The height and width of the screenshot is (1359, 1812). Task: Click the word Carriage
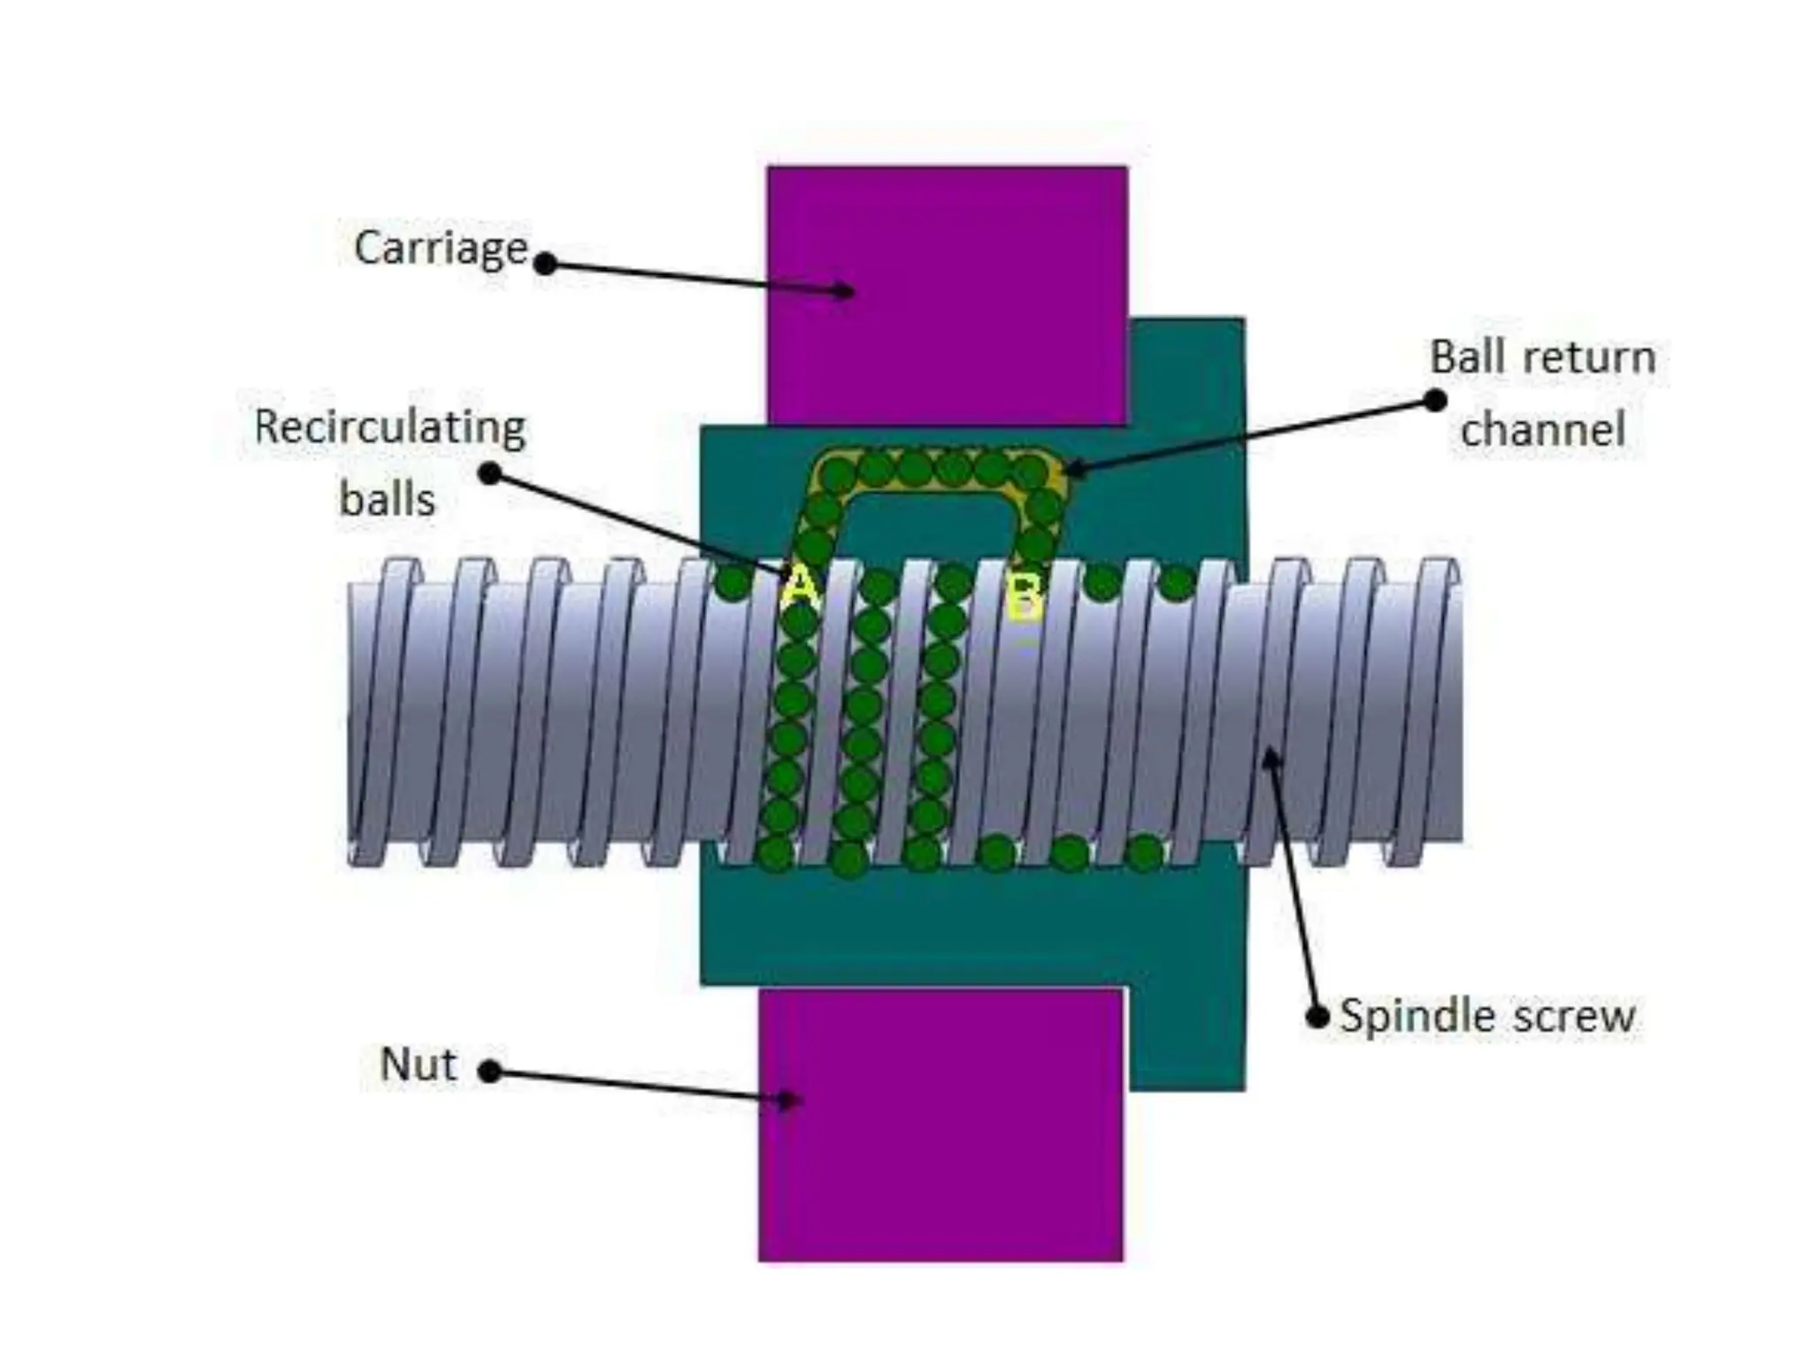[x=441, y=249]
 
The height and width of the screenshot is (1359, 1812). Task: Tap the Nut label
[x=418, y=1063]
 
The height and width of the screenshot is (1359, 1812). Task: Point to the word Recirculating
[x=390, y=428]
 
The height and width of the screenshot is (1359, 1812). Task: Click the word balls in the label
[x=388, y=500]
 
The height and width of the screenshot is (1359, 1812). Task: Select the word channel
[x=1543, y=430]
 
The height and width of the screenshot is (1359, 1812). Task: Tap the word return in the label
[x=1592, y=358]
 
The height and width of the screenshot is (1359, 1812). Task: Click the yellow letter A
[x=799, y=586]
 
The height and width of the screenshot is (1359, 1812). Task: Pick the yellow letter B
[x=1025, y=595]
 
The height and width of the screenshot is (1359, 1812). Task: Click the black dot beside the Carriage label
[x=545, y=263]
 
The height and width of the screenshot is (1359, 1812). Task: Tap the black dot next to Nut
[x=489, y=1071]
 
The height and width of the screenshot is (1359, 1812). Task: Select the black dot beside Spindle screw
[x=1318, y=1017]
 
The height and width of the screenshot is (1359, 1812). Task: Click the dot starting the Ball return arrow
[x=1435, y=401]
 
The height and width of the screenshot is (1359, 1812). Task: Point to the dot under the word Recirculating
[x=489, y=474]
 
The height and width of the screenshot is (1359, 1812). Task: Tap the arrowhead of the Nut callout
[x=792, y=1101]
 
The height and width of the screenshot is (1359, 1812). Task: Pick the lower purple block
[x=941, y=1124]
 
